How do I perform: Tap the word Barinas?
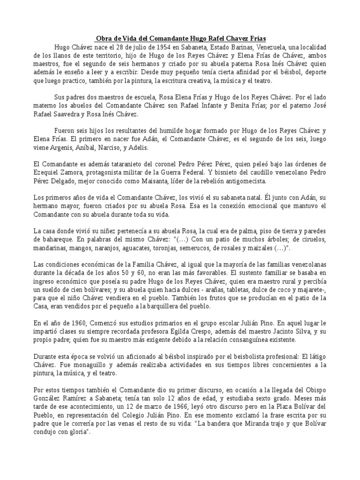tap(236, 47)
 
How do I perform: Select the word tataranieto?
tap(115, 164)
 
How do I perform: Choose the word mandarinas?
tap(50, 248)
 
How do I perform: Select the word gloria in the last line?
tap(78, 432)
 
